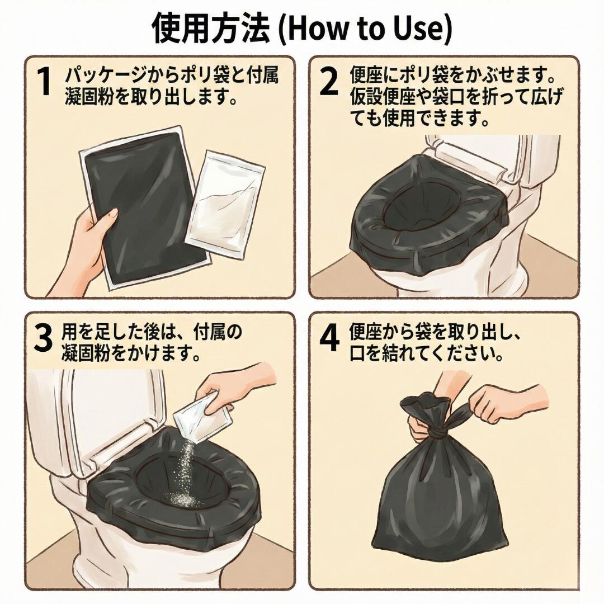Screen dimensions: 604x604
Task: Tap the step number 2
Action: pyautogui.click(x=329, y=82)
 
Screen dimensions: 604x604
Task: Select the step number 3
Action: pyautogui.click(x=43, y=338)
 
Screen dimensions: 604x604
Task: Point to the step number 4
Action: pyautogui.click(x=330, y=338)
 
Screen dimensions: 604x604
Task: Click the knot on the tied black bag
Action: pyautogui.click(x=438, y=434)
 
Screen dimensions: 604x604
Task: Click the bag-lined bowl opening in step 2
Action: pyautogui.click(x=416, y=208)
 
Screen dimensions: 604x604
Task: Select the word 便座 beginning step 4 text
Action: pyautogui.click(x=365, y=332)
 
